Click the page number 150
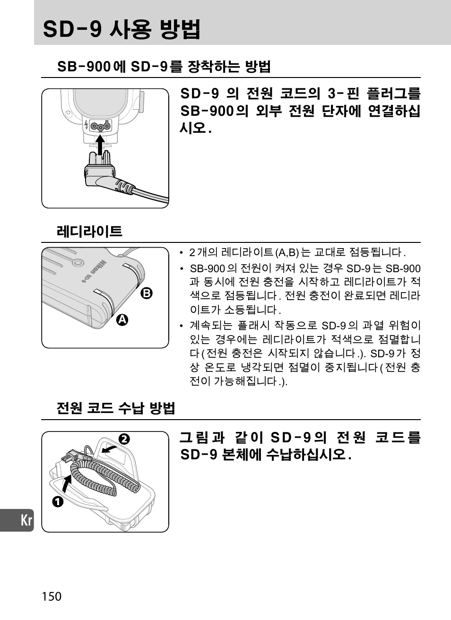[x=52, y=596]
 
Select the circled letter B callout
[x=147, y=293]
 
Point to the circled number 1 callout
[x=58, y=501]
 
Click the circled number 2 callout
[x=124, y=439]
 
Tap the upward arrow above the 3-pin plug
[x=100, y=145]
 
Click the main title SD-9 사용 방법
[x=121, y=29]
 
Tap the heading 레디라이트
[x=89, y=231]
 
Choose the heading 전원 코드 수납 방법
[x=116, y=408]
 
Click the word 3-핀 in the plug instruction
[x=344, y=93]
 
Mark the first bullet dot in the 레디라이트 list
[x=182, y=253]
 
